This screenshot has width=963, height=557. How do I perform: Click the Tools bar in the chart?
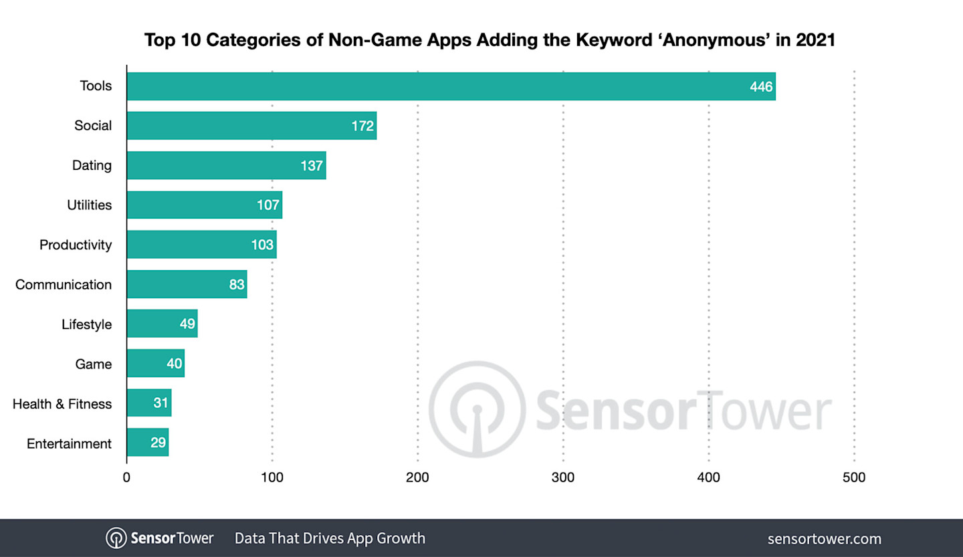tap(451, 86)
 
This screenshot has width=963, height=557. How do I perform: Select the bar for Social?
tap(251, 126)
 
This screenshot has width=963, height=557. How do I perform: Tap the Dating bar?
tap(226, 165)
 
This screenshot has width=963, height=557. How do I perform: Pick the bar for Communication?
tap(187, 284)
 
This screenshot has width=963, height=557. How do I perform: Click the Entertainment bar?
tap(147, 443)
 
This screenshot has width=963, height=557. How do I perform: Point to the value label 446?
tap(761, 86)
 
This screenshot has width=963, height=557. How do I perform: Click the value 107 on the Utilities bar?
tap(267, 205)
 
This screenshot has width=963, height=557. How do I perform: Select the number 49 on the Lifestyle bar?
tap(187, 324)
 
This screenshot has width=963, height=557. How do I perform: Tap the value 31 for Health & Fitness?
tap(160, 403)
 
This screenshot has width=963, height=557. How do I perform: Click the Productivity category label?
tap(76, 245)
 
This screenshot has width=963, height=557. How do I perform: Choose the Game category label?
tap(93, 364)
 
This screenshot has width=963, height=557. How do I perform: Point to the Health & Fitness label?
tap(62, 403)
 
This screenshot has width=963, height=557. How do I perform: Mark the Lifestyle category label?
tap(86, 324)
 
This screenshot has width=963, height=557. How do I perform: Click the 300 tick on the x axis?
tap(563, 477)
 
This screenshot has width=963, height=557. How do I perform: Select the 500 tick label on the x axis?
tap(854, 477)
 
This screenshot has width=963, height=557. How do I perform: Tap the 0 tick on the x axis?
tap(126, 477)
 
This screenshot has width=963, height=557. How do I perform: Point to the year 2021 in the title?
tap(815, 40)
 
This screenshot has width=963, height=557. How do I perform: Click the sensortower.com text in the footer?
tap(824, 538)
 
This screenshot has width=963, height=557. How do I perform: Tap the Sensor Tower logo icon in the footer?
tap(116, 538)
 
